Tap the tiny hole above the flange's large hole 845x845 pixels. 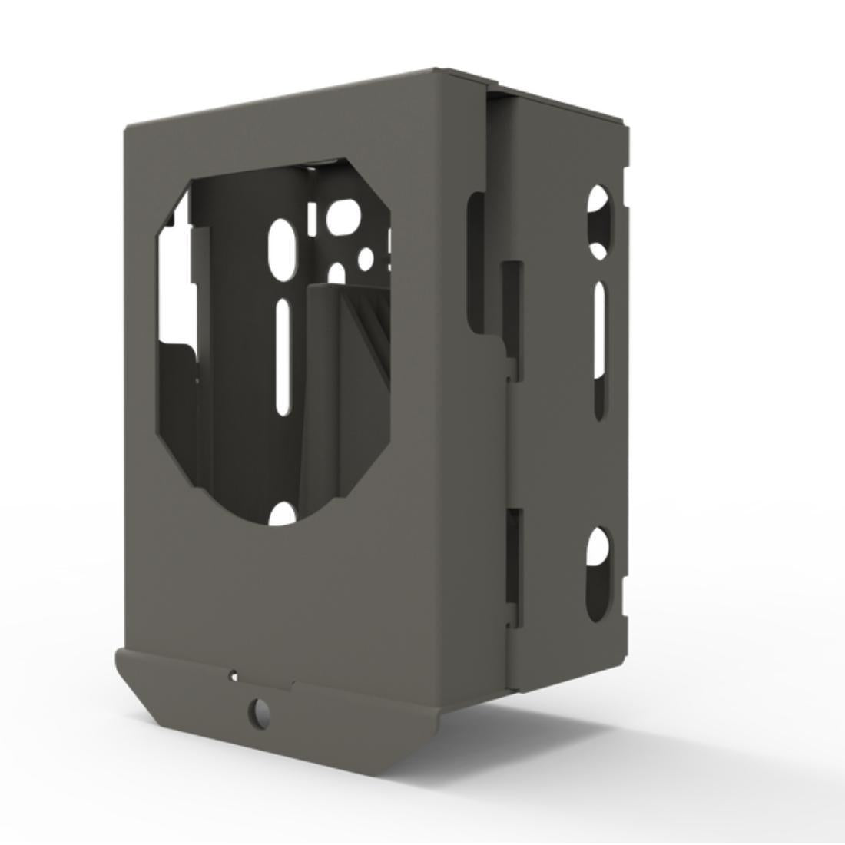click(234, 676)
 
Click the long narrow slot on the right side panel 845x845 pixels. click(600, 350)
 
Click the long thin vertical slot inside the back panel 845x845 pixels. click(283, 357)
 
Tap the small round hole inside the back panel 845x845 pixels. click(366, 257)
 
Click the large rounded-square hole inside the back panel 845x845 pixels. click(342, 217)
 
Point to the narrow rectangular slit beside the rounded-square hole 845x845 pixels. click(313, 219)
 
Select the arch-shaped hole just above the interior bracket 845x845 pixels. click(336, 274)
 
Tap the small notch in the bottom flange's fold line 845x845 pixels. click(292, 682)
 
